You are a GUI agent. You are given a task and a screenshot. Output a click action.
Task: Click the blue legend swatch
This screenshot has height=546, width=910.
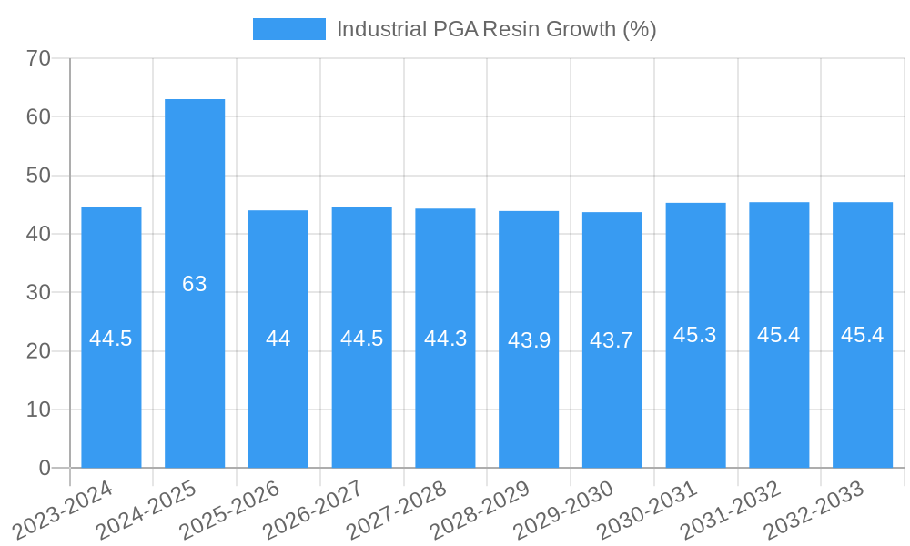click(288, 29)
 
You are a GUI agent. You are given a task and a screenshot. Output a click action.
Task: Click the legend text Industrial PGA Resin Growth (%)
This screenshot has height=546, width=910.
click(496, 29)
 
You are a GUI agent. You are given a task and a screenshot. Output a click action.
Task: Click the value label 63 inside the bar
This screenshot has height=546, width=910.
click(195, 284)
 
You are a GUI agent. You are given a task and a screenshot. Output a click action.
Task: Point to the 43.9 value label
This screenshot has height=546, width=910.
click(529, 340)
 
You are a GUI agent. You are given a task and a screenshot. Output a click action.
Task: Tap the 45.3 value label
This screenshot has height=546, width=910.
click(695, 335)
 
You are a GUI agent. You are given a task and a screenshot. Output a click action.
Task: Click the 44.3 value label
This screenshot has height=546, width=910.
click(445, 339)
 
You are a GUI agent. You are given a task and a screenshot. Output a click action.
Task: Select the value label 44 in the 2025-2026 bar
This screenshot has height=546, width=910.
click(278, 339)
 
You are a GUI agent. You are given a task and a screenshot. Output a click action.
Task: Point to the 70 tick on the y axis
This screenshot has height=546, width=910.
click(39, 58)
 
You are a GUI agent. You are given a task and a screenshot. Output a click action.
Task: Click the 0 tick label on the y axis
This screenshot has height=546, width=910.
click(45, 468)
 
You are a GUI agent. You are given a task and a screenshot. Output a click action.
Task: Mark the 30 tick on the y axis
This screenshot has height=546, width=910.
click(39, 292)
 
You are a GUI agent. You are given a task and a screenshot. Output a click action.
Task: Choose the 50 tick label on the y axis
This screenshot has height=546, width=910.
click(39, 176)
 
